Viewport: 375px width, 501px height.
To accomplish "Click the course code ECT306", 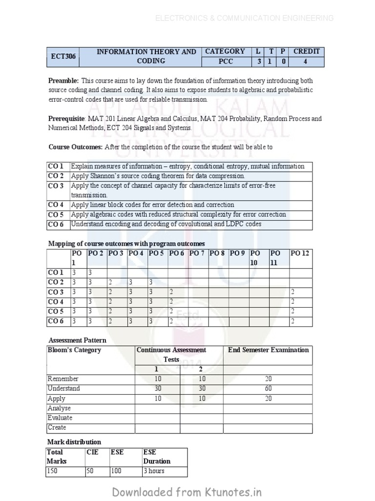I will click(63, 56).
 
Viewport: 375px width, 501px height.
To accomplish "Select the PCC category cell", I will click(226, 62).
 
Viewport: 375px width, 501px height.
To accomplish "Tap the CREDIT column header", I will click(306, 51).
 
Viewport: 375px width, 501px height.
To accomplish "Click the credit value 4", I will click(306, 62).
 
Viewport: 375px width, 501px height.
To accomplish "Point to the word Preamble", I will click(63, 81).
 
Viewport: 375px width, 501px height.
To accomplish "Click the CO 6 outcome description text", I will click(166, 224).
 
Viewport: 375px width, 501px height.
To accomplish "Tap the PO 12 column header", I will click(300, 253).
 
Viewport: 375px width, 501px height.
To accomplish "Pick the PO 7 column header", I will click(197, 253).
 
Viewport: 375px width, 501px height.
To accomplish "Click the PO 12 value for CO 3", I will click(292, 292).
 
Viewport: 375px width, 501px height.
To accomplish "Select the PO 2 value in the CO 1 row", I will click(90, 273).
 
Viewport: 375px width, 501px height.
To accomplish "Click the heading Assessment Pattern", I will click(77, 340).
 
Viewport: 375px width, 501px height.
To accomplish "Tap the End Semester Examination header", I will click(268, 350).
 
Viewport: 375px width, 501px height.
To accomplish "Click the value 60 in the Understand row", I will click(268, 388).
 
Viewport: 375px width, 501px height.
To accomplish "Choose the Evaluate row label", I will click(60, 418).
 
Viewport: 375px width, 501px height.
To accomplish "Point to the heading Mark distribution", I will click(74, 442).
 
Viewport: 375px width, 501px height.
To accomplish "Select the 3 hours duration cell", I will click(154, 471).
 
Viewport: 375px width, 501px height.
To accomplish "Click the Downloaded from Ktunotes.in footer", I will click(187, 492).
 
